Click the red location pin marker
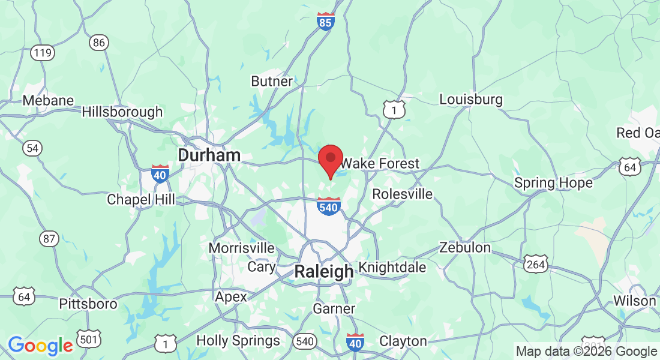330,160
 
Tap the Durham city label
209,155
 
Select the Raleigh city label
323,272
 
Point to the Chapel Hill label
141,199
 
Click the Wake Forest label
380,163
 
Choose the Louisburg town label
471,99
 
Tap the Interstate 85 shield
326,22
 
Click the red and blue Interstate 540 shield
329,206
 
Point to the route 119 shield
43,53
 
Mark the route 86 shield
99,43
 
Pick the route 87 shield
49,238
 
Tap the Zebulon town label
465,247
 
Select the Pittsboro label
88,304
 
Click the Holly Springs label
238,341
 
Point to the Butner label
272,81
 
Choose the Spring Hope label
553,182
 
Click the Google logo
40,346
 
